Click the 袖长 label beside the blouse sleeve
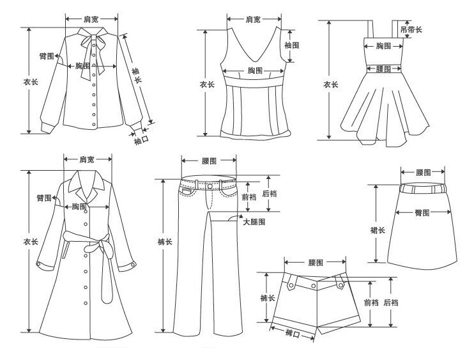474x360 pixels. pos(136,74)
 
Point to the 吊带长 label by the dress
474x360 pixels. pos(410,29)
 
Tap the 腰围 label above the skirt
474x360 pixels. pos(422,173)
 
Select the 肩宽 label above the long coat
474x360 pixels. pos(87,159)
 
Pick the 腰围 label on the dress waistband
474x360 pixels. pos(383,68)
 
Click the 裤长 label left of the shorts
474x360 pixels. pos(268,299)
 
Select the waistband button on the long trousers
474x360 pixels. pos(209,186)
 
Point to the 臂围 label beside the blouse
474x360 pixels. pos(46,56)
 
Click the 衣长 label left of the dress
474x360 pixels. pos(330,85)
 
